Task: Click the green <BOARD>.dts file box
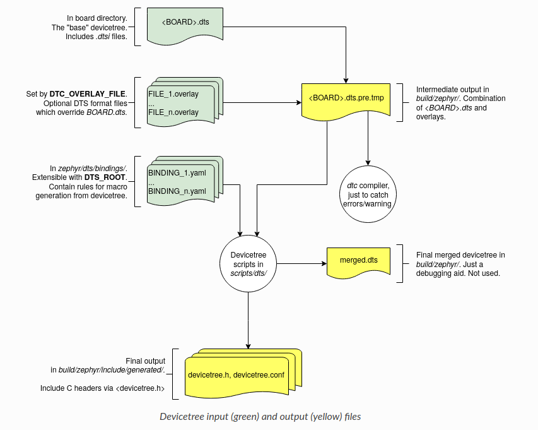coord(186,23)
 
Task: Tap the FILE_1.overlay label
coord(173,95)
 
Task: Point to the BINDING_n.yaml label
coord(177,191)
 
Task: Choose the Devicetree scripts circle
coord(247,263)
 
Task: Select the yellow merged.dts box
coord(359,260)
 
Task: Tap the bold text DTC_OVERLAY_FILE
coord(97,94)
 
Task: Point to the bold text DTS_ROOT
coord(105,178)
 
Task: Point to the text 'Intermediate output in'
coord(452,90)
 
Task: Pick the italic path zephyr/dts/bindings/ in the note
coord(92,169)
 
